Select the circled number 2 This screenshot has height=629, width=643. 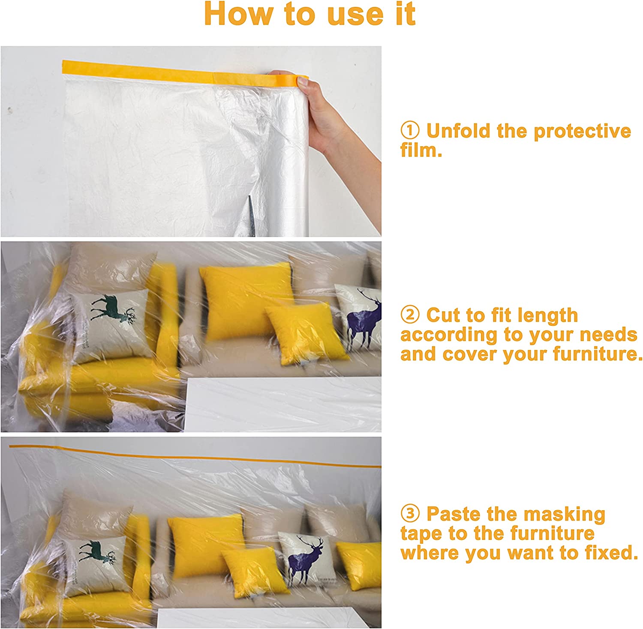[x=410, y=315]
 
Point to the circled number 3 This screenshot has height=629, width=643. [x=410, y=513]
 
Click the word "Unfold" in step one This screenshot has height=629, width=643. [x=458, y=131]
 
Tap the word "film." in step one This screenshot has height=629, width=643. [x=421, y=150]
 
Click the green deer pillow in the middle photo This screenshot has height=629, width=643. [x=111, y=325]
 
